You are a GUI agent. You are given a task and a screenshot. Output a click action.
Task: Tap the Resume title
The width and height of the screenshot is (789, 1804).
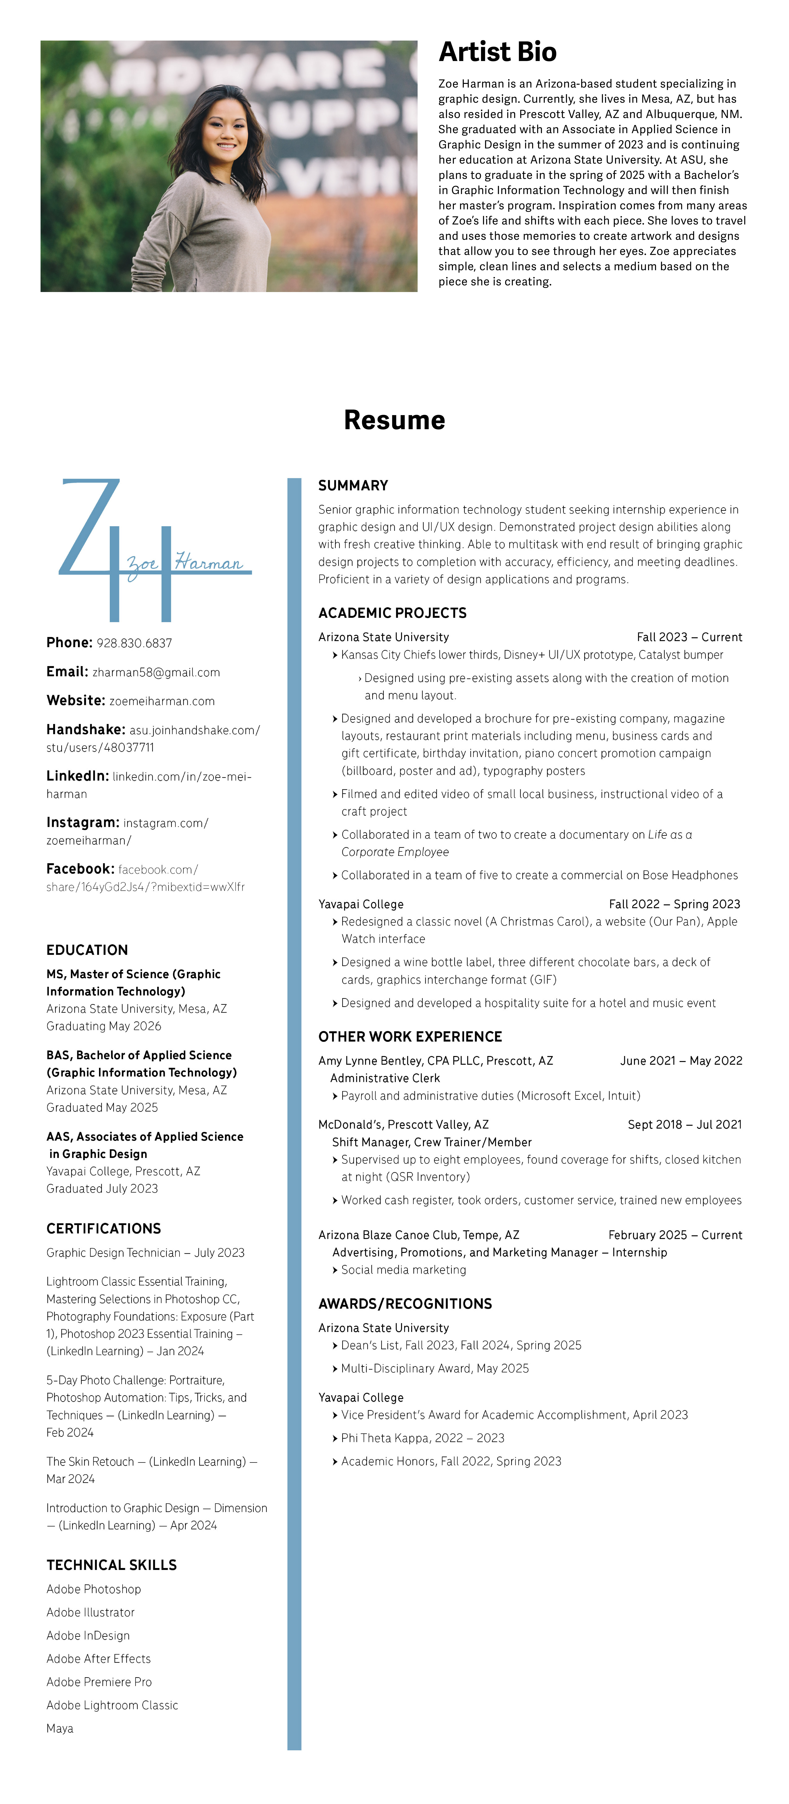click(x=394, y=420)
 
